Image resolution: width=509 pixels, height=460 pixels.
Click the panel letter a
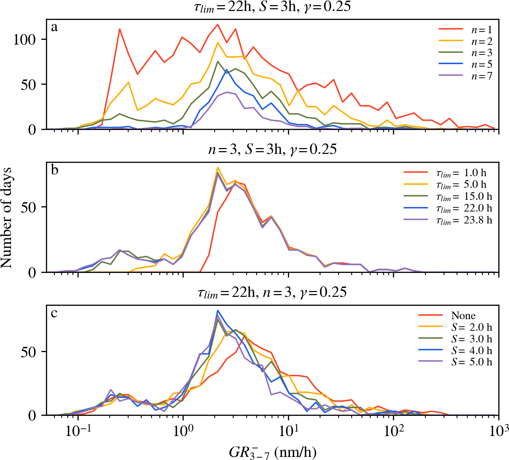click(54, 27)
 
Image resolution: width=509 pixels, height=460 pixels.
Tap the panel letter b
click(55, 170)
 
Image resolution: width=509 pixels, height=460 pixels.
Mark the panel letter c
click(54, 313)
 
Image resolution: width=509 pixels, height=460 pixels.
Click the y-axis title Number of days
click(7, 218)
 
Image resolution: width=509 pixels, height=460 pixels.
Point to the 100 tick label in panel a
click(24, 40)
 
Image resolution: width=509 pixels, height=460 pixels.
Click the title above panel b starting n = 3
click(272, 149)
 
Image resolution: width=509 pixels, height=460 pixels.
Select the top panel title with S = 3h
click(272, 7)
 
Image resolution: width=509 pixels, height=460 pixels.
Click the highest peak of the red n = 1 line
click(218, 24)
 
